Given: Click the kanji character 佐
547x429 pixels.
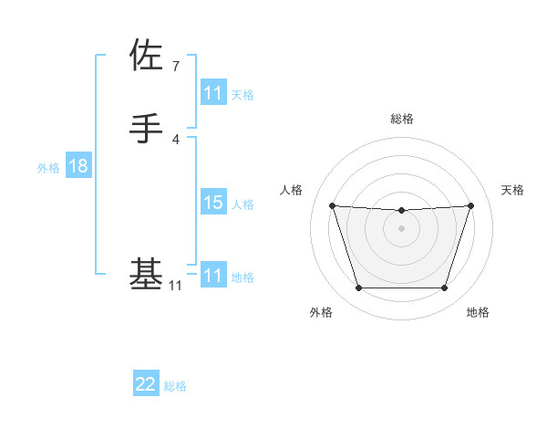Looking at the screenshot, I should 146,56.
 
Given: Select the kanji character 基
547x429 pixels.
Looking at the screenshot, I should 146,275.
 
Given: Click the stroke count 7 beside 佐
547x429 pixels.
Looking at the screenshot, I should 176,66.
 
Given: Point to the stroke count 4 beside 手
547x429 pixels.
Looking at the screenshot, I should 176,139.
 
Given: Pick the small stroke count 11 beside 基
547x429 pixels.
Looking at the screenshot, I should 176,286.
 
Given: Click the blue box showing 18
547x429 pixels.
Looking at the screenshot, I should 77,166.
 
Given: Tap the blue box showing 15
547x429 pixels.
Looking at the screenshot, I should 212,203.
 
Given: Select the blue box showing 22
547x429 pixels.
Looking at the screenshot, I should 146,384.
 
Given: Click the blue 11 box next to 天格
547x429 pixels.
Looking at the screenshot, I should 212,93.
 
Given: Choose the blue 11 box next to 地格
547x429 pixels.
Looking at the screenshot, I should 212,276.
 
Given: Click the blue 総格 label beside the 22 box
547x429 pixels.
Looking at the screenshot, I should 175,386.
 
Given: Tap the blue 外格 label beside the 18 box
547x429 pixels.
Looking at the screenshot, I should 48,167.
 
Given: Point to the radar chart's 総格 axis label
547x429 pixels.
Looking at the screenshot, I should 402,119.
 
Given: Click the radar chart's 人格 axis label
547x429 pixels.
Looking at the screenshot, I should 292,190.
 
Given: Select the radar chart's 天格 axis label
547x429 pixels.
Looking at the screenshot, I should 512,190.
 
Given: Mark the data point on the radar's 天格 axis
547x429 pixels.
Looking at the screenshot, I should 470,205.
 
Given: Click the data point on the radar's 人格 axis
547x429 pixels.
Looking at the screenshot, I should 333,205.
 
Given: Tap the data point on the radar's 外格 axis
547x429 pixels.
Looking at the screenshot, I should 358,288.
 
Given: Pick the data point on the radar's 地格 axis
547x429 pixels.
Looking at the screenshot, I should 445,288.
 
